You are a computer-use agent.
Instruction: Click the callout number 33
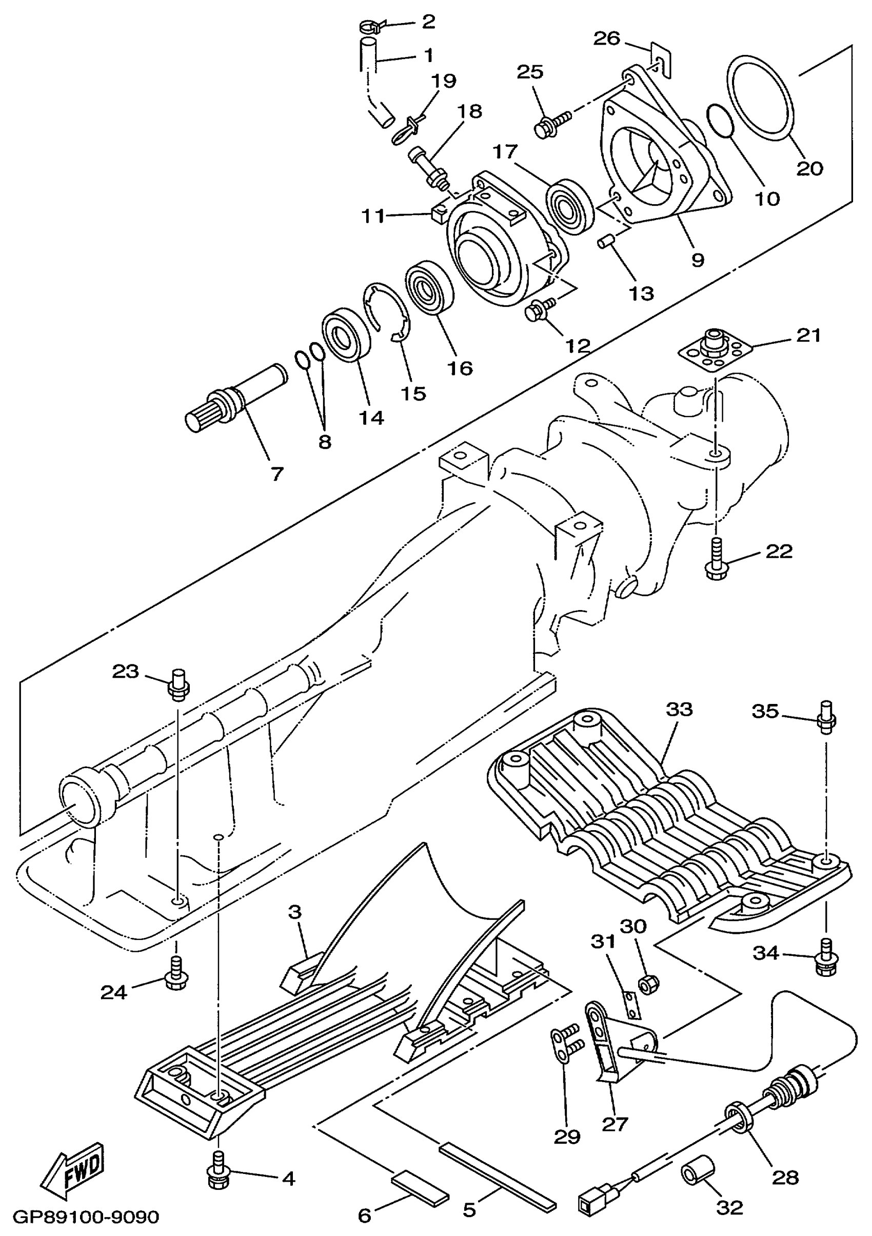(x=679, y=709)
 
